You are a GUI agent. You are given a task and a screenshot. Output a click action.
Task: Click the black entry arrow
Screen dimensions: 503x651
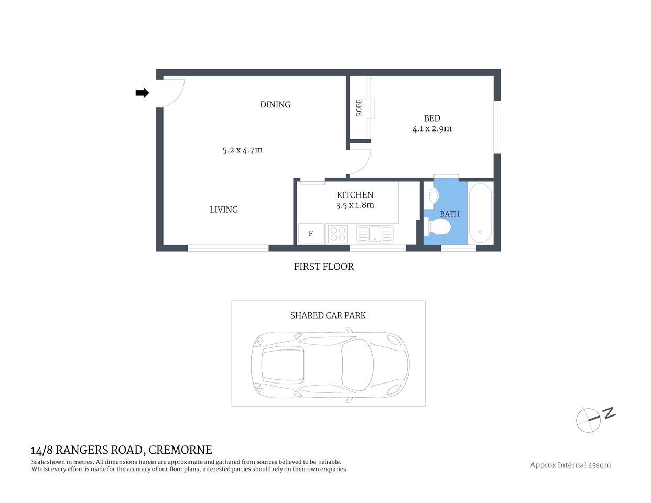pos(142,93)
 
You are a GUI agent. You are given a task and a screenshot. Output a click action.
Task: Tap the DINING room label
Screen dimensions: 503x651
pos(275,105)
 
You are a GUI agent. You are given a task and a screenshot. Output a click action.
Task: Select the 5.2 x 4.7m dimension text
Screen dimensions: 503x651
pos(242,150)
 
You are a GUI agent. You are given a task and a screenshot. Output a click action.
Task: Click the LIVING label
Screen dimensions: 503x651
pos(224,210)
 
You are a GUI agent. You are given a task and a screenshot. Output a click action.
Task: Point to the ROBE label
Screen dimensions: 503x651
pos(359,107)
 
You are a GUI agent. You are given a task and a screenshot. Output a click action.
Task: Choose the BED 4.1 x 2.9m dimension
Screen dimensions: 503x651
pos(432,129)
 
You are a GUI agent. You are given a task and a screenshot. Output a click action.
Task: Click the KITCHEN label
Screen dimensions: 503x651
pos(355,195)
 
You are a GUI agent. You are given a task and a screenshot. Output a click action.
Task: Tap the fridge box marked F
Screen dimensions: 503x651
pos(311,234)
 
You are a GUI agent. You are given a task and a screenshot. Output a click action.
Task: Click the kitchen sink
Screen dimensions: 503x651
pos(375,234)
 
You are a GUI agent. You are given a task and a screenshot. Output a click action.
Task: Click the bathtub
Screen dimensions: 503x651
pos(480,212)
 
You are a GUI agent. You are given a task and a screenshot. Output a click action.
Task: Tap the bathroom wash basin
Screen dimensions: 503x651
pos(433,195)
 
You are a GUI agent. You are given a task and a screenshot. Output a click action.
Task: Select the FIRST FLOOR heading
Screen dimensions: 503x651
pos(323,267)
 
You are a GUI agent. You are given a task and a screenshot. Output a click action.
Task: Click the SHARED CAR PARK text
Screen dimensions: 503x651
pos(328,315)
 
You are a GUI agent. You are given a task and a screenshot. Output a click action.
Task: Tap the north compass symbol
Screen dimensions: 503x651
pos(590,419)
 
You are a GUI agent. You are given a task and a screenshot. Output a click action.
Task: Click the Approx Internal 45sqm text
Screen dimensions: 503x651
pos(570,465)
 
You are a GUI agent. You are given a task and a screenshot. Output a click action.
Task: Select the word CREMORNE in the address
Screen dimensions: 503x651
pos(180,450)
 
